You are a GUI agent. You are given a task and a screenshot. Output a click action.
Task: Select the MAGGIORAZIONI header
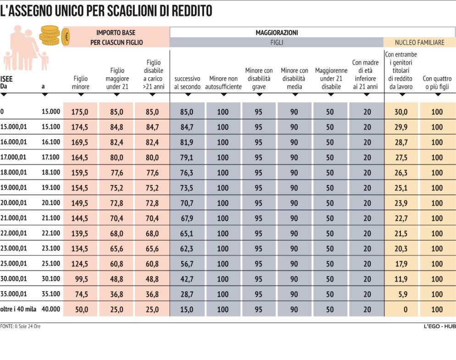276,33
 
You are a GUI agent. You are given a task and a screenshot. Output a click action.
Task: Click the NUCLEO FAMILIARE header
419,42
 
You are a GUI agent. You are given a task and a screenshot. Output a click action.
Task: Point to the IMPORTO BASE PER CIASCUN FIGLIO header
116,37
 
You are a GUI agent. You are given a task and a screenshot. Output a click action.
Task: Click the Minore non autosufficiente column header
223,82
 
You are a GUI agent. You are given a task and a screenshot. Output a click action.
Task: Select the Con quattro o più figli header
437,82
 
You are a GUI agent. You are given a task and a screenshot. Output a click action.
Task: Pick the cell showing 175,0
80,112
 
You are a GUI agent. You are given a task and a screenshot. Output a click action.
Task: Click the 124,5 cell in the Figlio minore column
80,264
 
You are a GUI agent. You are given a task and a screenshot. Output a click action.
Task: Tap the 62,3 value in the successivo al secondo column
187,248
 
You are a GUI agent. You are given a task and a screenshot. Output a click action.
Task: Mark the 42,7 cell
187,279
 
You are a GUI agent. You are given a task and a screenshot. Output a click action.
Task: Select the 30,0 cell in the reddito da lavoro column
401,112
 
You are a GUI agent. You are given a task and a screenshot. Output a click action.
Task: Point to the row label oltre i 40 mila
18,309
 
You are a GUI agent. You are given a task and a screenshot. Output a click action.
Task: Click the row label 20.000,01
13,202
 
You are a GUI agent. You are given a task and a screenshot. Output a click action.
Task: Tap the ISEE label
6,79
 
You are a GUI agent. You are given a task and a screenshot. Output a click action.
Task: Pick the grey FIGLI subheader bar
276,42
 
